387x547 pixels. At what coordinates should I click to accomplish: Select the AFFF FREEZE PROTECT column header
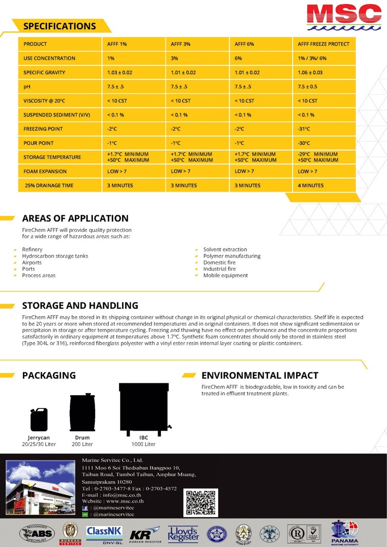click(323, 44)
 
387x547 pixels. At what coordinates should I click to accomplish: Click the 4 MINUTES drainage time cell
click(311, 185)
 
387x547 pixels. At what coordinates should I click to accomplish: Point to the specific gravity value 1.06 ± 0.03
click(310, 73)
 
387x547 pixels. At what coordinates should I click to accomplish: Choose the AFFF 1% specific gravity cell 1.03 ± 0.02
click(120, 73)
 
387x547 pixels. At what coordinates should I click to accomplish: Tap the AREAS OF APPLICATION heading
click(75, 218)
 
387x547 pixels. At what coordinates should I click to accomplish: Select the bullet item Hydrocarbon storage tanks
click(55, 256)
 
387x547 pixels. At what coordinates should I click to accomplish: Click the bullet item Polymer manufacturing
click(231, 256)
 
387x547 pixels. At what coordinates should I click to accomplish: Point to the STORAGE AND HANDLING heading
click(80, 305)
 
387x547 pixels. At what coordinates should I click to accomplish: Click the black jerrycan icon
click(39, 419)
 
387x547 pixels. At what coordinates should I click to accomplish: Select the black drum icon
click(82, 412)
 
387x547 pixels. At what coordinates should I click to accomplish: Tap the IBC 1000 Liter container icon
click(144, 409)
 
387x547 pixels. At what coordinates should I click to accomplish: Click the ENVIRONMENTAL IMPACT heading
click(260, 375)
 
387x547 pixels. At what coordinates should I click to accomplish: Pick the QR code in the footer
click(202, 503)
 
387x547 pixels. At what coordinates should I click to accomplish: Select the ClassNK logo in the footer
click(104, 533)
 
